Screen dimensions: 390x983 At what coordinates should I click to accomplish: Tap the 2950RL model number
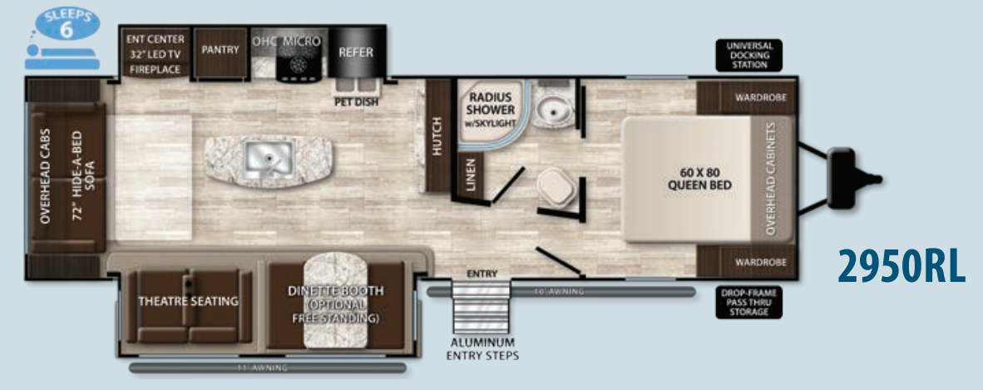[x=901, y=266]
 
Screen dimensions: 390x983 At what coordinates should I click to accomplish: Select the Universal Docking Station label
[x=748, y=55]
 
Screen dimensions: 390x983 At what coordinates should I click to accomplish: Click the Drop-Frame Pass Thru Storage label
[x=748, y=304]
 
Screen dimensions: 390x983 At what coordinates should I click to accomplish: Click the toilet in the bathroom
[x=553, y=186]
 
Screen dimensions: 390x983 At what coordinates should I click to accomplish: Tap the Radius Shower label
[x=490, y=108]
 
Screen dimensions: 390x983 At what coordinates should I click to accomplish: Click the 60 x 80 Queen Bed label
[x=699, y=179]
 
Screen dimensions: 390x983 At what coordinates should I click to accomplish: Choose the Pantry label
[x=220, y=50]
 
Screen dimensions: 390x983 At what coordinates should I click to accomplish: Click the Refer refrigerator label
[x=355, y=52]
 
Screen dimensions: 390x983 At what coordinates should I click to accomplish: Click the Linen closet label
[x=471, y=174]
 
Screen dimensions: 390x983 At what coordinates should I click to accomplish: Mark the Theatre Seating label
[x=189, y=301]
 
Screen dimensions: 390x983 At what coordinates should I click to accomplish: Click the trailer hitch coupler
[x=847, y=176]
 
